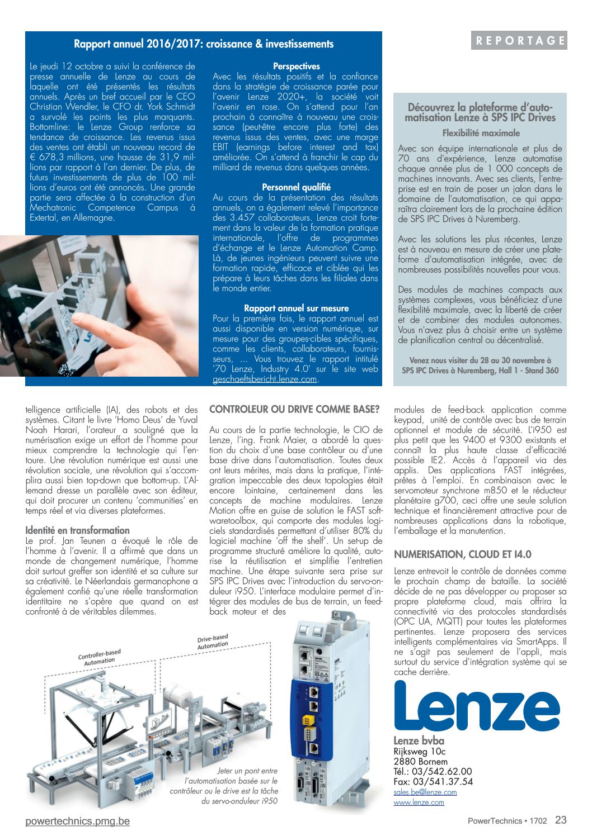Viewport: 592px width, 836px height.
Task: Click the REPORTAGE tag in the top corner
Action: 519,41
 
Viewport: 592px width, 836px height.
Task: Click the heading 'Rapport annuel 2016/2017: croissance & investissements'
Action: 204,44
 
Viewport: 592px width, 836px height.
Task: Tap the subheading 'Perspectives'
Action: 296,66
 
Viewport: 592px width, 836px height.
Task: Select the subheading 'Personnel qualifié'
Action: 296,187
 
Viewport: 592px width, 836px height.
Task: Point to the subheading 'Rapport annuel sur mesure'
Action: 296,308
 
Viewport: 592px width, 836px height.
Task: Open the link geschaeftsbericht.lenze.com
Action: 265,379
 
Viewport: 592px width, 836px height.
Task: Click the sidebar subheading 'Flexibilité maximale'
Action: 481,133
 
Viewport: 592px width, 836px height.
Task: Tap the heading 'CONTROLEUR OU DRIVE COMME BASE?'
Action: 294,410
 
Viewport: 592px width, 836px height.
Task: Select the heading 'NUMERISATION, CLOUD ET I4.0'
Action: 462,554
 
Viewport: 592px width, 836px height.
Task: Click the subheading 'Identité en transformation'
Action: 77,530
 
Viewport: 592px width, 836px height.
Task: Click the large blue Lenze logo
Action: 477,707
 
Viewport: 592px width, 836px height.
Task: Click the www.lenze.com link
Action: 419,802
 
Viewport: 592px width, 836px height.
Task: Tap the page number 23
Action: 561,820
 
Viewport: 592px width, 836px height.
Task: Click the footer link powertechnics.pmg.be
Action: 77,821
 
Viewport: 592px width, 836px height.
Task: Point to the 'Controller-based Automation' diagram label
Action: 100,658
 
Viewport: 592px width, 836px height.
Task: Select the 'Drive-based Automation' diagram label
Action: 213,642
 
